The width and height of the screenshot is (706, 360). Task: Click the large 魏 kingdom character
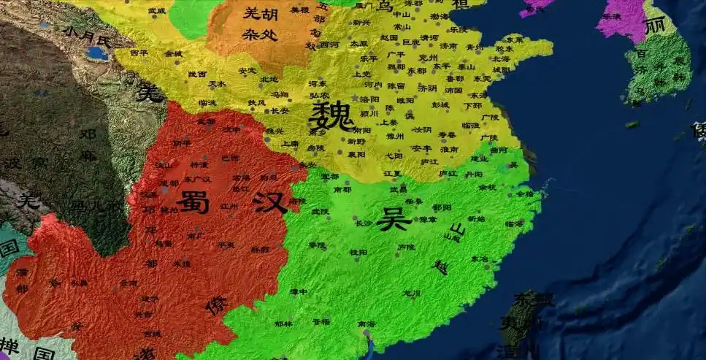coord(331,115)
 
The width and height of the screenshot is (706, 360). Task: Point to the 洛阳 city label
coord(369,99)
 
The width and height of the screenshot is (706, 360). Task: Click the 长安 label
coord(280,111)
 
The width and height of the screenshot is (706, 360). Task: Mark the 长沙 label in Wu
coord(362,223)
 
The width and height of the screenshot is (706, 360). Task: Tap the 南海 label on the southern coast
coord(367,323)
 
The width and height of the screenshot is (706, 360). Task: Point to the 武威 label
coord(156,11)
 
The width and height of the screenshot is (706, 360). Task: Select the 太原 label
coord(358,43)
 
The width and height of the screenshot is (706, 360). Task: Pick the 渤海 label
coord(439,16)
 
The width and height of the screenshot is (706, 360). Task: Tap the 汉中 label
coord(231,129)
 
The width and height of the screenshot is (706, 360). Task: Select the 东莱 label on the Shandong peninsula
coord(515,39)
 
